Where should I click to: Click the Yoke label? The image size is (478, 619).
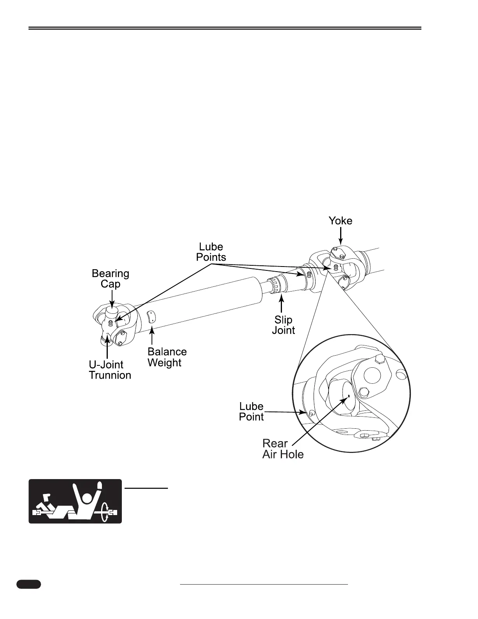click(x=340, y=221)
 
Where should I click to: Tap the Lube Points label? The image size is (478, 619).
click(x=211, y=252)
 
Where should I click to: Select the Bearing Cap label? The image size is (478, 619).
click(x=111, y=279)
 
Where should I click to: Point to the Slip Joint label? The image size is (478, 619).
click(x=284, y=325)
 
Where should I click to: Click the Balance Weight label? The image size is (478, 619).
click(x=167, y=357)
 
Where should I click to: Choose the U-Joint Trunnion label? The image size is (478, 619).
click(x=110, y=370)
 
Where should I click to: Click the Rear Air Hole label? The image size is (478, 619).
click(x=283, y=449)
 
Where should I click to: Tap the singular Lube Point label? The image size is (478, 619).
click(x=251, y=411)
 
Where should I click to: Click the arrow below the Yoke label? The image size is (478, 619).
click(x=341, y=237)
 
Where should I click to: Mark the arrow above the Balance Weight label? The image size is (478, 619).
click(x=152, y=336)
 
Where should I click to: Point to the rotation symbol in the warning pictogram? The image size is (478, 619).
click(x=104, y=512)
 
